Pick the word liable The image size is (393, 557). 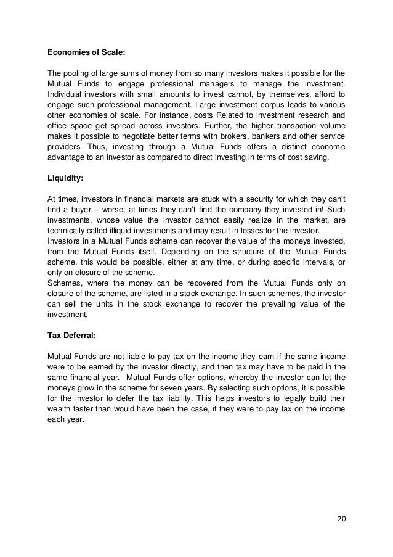click(141, 358)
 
